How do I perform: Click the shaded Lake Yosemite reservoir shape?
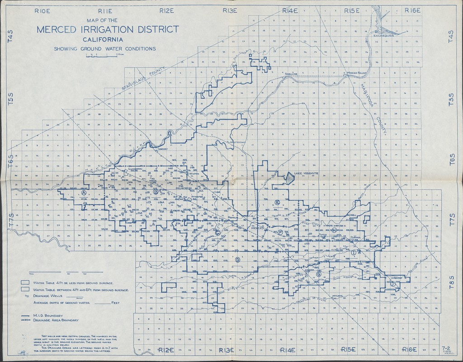291,177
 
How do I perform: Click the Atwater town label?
197,197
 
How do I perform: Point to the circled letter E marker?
278,202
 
